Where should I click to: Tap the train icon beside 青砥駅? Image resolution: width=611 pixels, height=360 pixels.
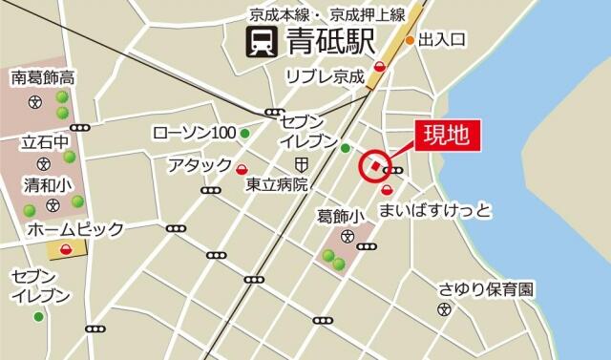coord(257,42)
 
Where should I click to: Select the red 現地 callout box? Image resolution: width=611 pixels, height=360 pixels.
coord(447,134)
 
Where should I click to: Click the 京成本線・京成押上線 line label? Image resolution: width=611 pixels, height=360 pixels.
coord(327,14)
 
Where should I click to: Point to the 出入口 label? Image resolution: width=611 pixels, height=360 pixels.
coord(442,40)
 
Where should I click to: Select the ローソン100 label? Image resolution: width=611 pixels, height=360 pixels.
coord(195,132)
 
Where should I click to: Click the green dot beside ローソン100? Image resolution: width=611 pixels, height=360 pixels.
coord(245,133)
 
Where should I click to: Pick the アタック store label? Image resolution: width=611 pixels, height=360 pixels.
coord(200,164)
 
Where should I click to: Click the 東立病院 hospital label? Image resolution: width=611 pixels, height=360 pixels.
coord(276,183)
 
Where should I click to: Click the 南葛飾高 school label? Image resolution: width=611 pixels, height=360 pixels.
coord(44,76)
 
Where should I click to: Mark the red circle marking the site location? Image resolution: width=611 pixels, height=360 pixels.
coord(373,166)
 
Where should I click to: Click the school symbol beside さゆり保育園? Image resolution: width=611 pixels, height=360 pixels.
coord(444,307)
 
